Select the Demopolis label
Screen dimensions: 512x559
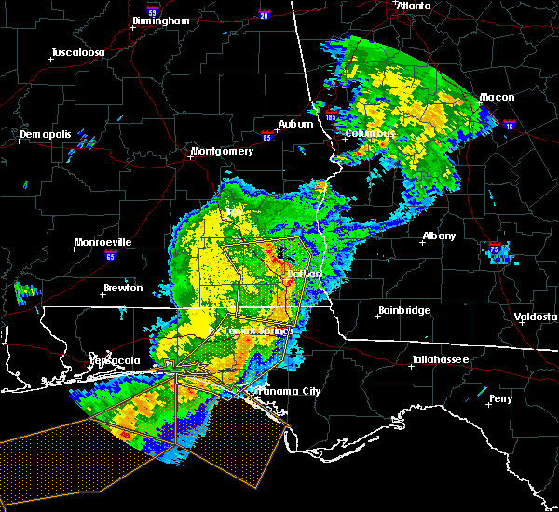point(45,135)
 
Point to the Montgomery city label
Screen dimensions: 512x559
point(222,151)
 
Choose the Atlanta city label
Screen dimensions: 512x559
point(414,6)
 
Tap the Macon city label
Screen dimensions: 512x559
point(498,97)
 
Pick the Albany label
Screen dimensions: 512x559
point(439,236)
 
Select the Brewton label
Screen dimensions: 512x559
point(124,288)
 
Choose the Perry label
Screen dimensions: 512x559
point(500,398)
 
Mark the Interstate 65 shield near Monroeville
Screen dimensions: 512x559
point(110,255)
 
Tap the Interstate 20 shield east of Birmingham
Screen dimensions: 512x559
point(263,15)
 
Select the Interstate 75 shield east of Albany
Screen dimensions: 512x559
point(495,249)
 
